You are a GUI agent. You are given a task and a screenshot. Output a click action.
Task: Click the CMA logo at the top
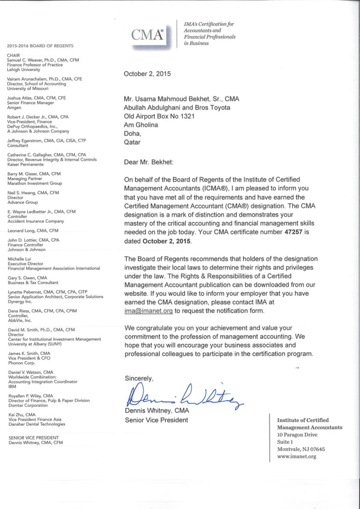tap(148, 36)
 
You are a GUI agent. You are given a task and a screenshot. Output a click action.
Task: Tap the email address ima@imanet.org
tap(148, 310)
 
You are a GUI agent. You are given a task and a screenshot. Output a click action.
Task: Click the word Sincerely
tap(139, 378)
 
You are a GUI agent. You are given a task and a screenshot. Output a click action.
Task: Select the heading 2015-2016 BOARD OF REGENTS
tap(39, 46)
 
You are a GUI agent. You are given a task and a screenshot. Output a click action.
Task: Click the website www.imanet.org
tap(296, 456)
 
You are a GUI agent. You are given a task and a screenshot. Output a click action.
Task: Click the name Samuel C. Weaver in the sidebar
tap(28, 60)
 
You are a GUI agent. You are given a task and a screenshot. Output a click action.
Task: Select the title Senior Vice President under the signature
tap(156, 420)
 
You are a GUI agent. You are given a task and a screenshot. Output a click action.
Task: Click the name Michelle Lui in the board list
tap(19, 258)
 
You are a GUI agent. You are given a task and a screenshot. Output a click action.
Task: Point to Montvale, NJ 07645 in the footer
tap(301, 449)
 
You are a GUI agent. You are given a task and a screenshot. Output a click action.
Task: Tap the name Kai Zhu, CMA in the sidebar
tap(23, 414)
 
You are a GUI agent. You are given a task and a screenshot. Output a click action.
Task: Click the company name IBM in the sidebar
tap(11, 387)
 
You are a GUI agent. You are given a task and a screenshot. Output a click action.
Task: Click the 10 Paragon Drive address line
tap(297, 435)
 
